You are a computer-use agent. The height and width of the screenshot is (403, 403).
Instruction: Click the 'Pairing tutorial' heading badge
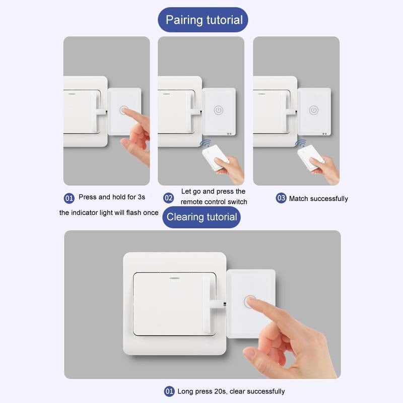[x=204, y=20]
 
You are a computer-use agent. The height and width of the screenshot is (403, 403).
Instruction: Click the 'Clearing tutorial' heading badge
[x=201, y=217]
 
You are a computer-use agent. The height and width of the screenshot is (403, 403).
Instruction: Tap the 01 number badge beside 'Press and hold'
[x=69, y=198]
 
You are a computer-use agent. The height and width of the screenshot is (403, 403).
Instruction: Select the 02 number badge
[x=169, y=198]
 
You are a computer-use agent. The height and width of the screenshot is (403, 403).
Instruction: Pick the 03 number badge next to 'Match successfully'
[x=281, y=198]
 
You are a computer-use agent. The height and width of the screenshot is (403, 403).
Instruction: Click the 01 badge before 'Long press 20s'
[x=169, y=391]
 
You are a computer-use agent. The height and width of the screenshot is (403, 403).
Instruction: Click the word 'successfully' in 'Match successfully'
[x=329, y=198]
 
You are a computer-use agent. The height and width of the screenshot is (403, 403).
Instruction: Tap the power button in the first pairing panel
[x=124, y=110]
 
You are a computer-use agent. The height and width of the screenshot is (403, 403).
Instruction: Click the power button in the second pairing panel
[x=219, y=110]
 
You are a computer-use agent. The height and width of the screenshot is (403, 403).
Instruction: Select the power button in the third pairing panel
[x=313, y=110]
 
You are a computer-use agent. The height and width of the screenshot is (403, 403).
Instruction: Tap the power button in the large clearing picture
[x=250, y=302]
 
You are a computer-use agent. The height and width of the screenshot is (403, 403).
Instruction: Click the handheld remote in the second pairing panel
[x=215, y=158]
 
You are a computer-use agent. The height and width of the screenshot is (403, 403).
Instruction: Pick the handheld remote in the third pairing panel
[x=309, y=157]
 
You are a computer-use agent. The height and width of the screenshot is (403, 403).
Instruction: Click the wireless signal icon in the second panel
[x=206, y=144]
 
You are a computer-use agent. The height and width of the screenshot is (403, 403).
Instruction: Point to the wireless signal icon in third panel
[x=301, y=144]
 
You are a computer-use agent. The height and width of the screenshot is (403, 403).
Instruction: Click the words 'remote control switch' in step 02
[x=214, y=202]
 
